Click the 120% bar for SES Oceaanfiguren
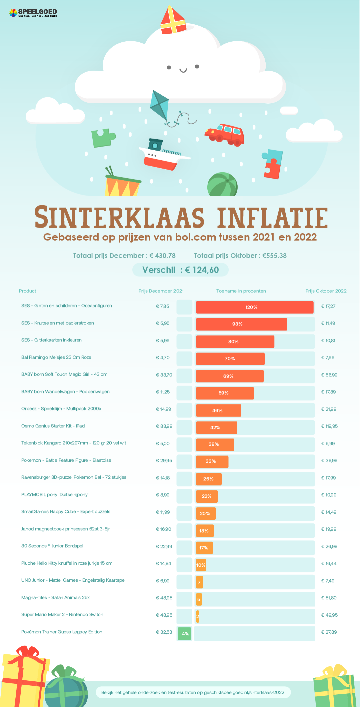click(255, 307)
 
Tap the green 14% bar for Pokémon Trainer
click(184, 633)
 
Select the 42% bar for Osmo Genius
click(216, 427)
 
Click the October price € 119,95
click(329, 426)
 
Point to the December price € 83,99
click(164, 426)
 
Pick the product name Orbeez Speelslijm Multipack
click(61, 409)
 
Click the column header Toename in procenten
click(241, 291)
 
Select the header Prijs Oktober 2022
click(326, 291)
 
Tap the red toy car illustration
click(225, 134)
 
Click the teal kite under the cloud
click(159, 105)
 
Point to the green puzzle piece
click(102, 138)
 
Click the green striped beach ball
click(222, 185)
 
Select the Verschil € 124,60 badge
click(180, 270)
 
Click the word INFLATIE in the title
click(272, 218)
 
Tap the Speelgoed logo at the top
click(33, 13)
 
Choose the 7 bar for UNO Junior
click(199, 582)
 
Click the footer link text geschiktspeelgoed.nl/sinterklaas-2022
click(244, 692)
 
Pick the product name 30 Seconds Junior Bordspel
click(52, 546)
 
